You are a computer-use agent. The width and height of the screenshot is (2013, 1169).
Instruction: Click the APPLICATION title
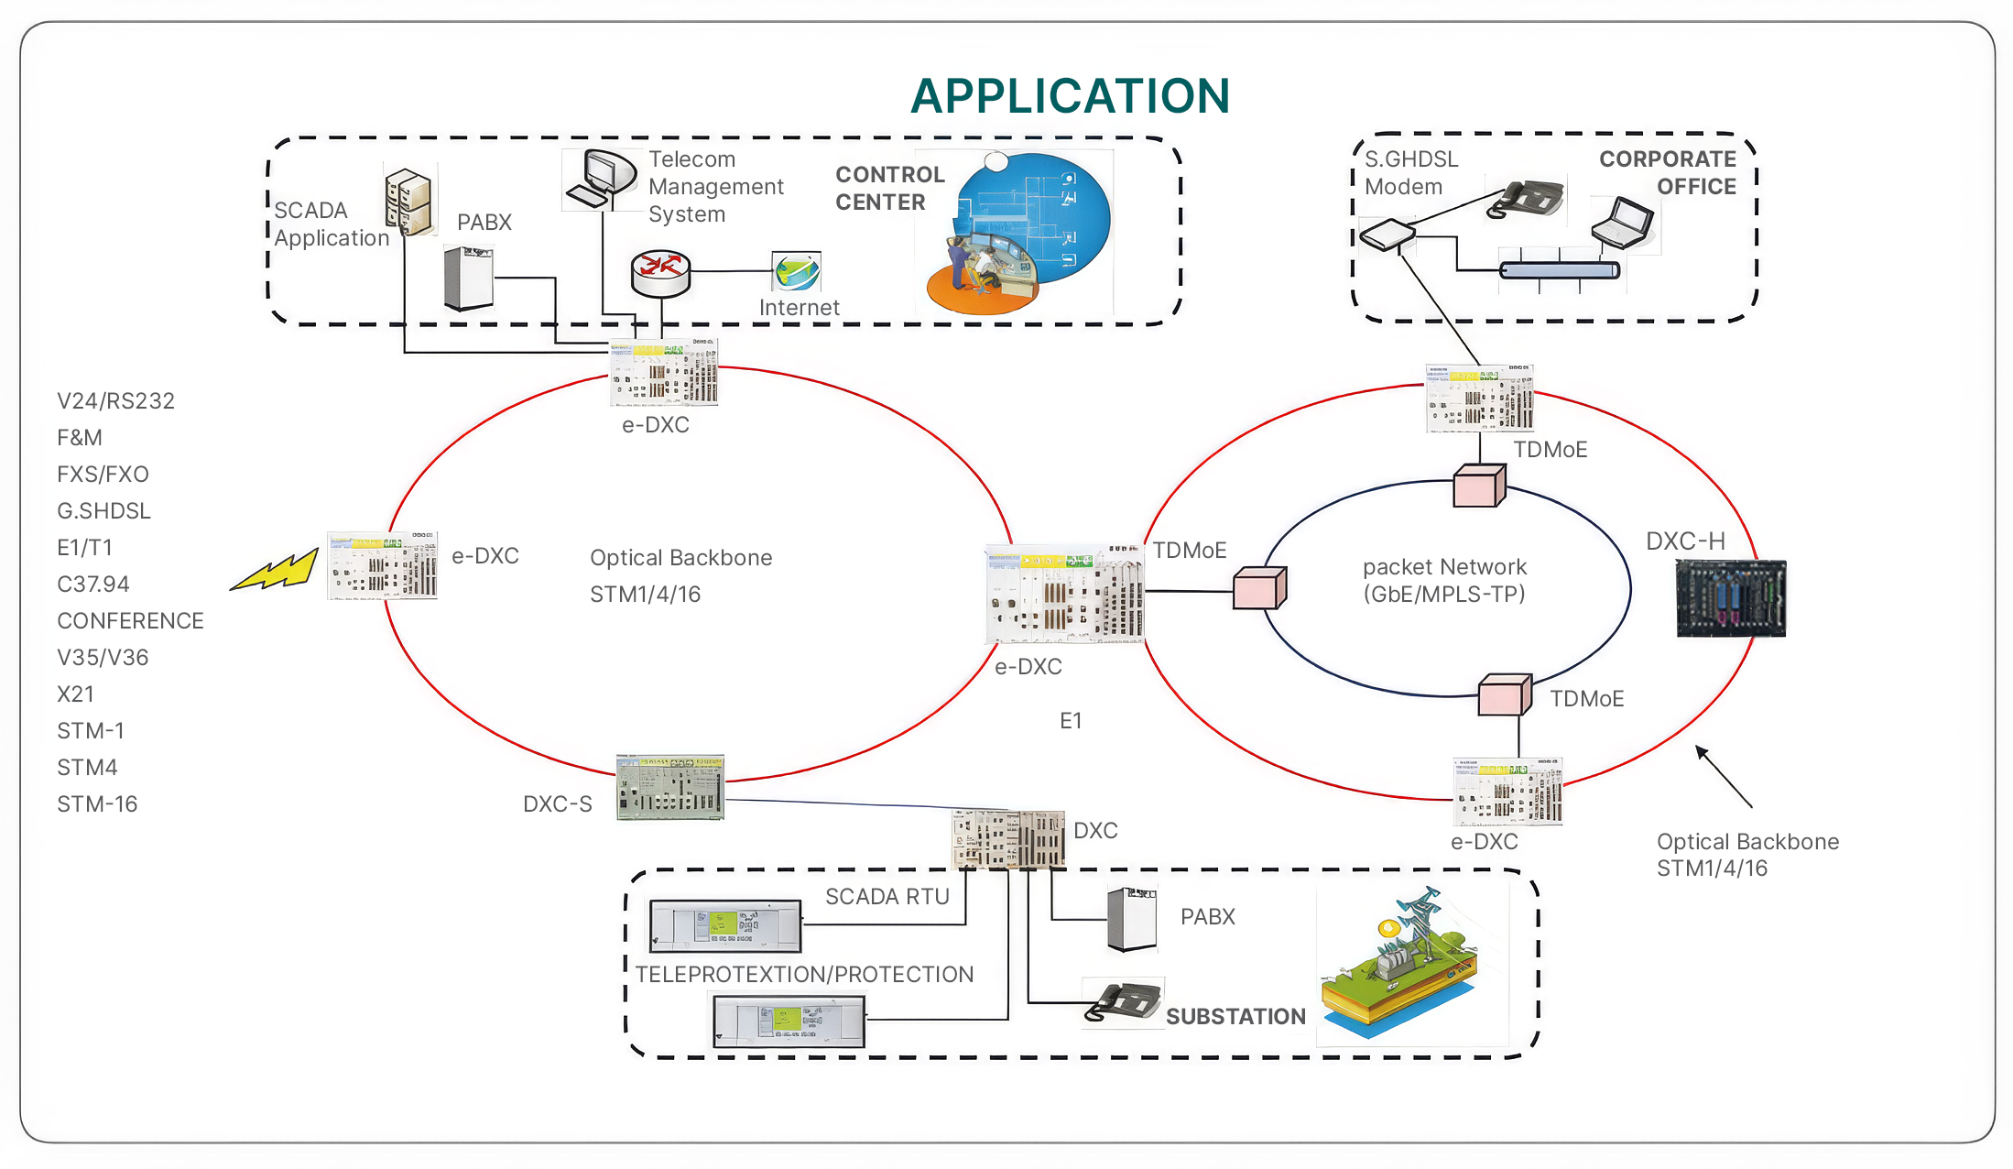point(1070,96)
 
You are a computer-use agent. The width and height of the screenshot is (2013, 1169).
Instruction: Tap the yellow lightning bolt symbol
point(275,570)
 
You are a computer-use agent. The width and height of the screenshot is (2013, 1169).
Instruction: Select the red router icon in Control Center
point(660,273)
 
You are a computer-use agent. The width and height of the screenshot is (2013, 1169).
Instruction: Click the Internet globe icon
point(796,272)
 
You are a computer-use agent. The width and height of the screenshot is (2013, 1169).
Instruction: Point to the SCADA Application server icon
point(408,202)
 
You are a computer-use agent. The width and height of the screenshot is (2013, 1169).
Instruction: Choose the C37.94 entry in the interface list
point(93,584)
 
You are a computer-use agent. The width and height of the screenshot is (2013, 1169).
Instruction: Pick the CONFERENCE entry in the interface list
point(130,621)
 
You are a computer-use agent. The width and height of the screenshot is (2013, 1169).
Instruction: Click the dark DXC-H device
point(1730,598)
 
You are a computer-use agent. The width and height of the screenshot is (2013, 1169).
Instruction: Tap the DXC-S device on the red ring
point(670,787)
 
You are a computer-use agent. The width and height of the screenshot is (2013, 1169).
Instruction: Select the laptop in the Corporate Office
point(1623,222)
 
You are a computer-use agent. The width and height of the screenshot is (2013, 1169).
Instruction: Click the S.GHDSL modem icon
point(1387,235)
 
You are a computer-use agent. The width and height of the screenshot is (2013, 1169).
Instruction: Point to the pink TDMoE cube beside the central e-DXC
point(1259,587)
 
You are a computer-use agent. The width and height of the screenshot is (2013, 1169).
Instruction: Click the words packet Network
point(1444,567)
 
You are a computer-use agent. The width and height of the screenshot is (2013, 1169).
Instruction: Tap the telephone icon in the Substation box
point(1124,1001)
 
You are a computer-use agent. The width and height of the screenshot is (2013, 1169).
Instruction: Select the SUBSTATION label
point(1235,1016)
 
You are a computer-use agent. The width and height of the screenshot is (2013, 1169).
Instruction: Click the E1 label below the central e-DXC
point(1071,721)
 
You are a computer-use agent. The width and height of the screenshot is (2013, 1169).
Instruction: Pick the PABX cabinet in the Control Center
point(469,278)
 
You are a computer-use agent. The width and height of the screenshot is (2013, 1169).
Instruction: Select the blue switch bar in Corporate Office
point(1560,270)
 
